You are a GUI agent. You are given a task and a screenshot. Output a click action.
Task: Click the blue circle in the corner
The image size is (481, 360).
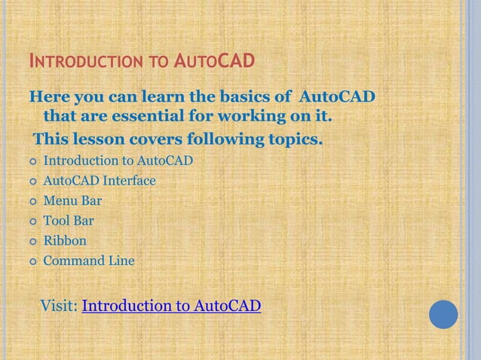click(x=443, y=314)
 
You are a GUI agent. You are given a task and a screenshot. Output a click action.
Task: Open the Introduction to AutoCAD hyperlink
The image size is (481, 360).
click(x=171, y=306)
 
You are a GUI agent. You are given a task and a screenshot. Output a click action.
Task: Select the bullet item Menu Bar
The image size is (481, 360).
click(x=72, y=201)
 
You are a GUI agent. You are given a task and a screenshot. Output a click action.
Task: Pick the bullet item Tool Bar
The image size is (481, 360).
click(x=69, y=221)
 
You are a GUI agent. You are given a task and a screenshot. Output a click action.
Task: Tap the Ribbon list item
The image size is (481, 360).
click(x=65, y=241)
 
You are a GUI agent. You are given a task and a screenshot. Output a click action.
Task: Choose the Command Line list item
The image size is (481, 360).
click(x=89, y=261)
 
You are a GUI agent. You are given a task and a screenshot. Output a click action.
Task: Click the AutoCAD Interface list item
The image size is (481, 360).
click(x=100, y=181)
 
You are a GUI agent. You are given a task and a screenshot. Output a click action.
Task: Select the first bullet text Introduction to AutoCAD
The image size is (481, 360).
click(x=118, y=160)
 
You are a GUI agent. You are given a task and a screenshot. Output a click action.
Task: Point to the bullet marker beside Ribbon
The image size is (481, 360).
click(x=32, y=242)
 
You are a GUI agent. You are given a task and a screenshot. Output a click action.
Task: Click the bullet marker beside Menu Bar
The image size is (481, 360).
click(x=32, y=202)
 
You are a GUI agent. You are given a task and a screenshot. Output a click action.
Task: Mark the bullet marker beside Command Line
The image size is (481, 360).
click(x=32, y=262)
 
